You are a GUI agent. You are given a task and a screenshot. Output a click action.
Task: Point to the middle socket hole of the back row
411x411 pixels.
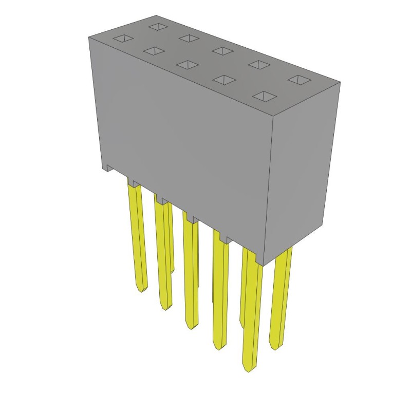[x=222, y=50]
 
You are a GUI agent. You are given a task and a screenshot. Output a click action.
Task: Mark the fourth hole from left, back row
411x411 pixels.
[x=258, y=64]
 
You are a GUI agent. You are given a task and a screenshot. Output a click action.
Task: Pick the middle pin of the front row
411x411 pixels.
[x=191, y=272]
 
